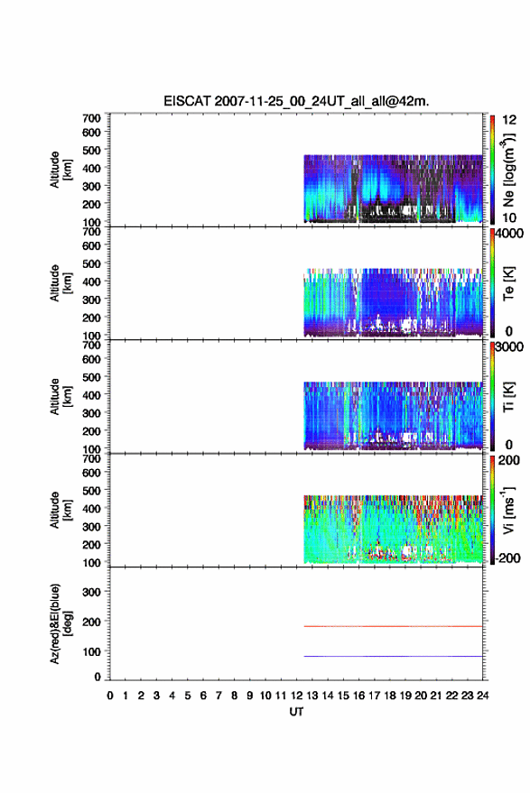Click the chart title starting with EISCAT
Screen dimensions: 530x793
(x=296, y=101)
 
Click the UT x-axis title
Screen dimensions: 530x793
(x=297, y=712)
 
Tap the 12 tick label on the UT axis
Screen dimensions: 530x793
(x=296, y=696)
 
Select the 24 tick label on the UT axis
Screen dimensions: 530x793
(x=482, y=696)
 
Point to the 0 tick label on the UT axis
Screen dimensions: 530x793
(x=110, y=696)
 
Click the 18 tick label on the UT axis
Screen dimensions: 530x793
(x=390, y=696)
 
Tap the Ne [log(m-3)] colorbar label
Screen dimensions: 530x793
(x=508, y=170)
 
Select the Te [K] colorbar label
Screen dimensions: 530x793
(x=508, y=283)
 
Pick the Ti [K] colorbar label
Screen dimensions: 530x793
(x=508, y=397)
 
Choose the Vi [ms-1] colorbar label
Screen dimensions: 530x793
(x=508, y=510)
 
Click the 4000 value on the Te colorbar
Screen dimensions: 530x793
(x=509, y=235)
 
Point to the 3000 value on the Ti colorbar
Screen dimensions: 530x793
(x=509, y=347)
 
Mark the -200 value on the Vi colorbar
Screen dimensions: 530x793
(x=507, y=558)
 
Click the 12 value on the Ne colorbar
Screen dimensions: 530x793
(x=509, y=120)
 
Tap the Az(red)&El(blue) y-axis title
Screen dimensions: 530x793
(x=60, y=623)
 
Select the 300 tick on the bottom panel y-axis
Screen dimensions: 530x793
(x=91, y=592)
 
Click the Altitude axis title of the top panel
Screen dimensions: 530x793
(x=60, y=170)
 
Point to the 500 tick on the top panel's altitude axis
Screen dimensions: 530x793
(x=91, y=150)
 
